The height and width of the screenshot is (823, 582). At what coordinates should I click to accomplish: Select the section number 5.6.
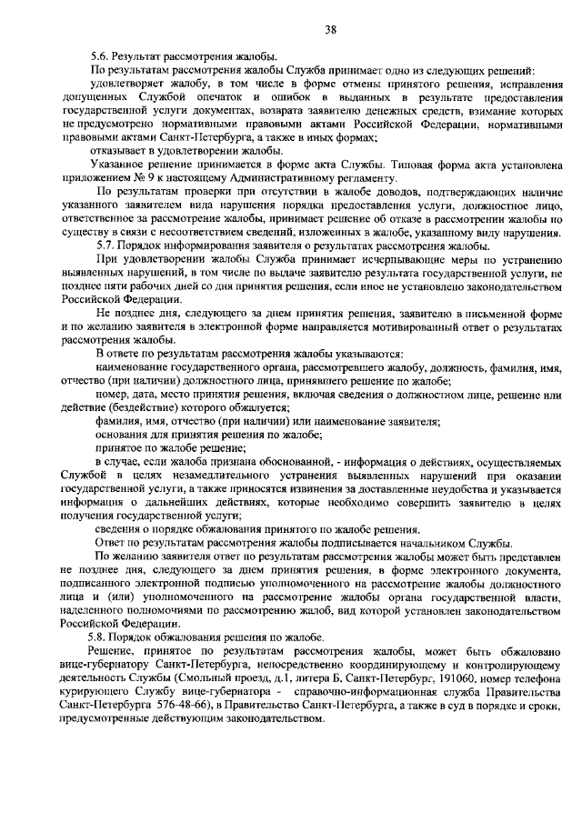[111, 57]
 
